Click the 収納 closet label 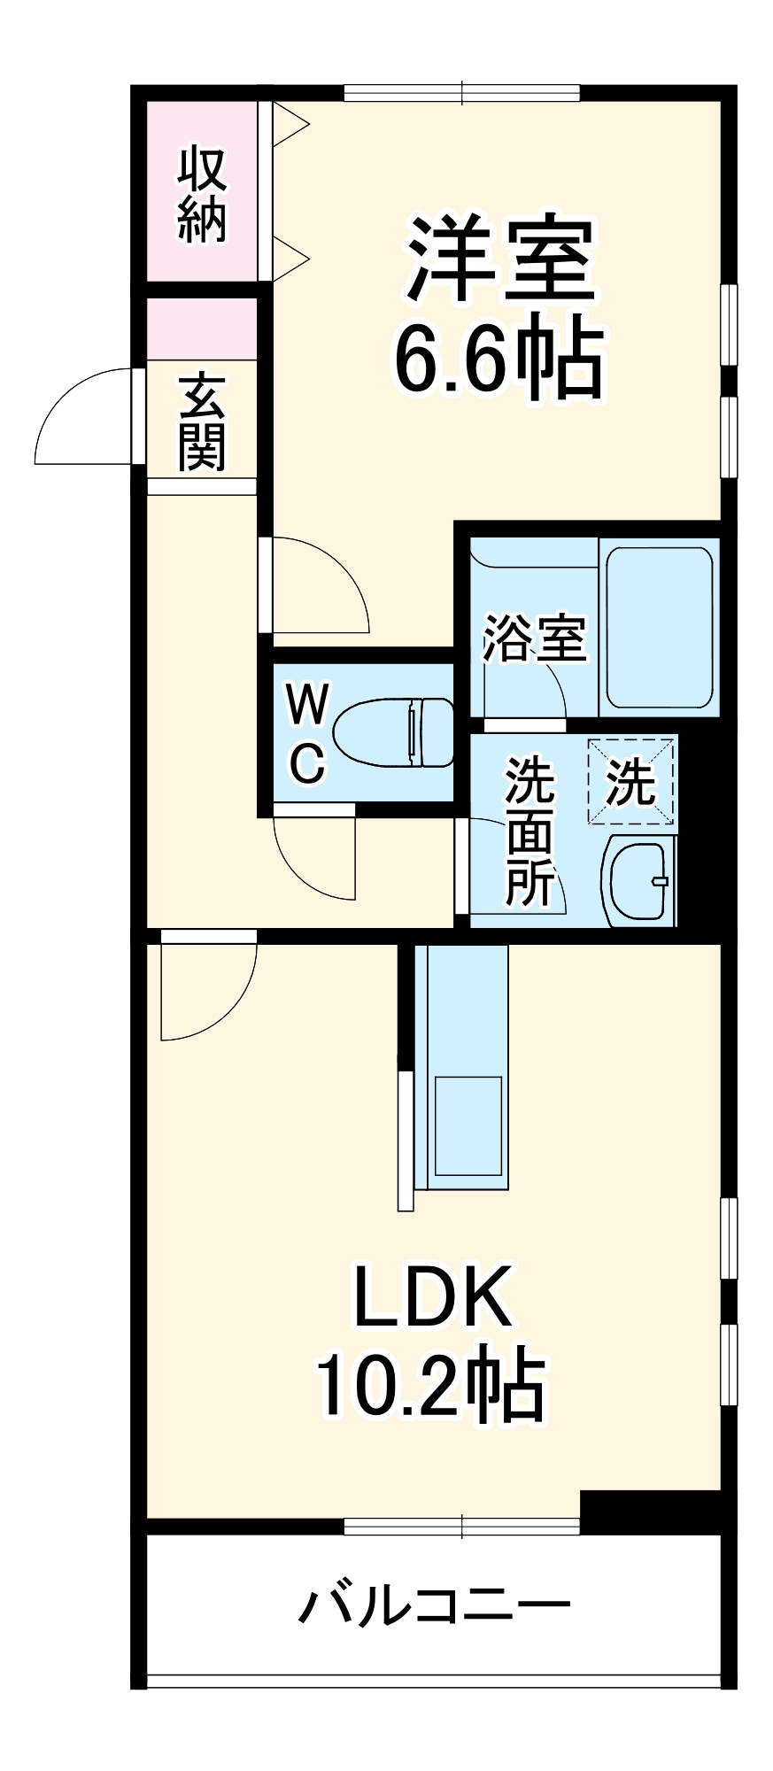202,194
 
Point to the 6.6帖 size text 499,359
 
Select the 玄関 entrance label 202,421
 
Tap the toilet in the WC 392,732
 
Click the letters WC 307,734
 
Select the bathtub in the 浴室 659,627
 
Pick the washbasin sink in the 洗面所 638,880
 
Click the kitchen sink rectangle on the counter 468,1125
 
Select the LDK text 433,1296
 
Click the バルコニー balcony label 434,1605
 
